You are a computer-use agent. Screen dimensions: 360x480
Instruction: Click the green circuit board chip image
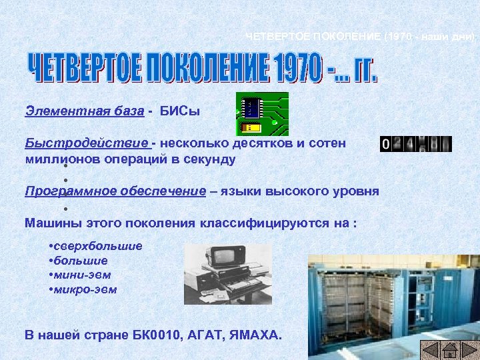tap(263, 114)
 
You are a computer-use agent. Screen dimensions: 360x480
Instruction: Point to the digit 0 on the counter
tap(386, 144)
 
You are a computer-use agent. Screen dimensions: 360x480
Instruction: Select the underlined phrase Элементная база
tap(84, 111)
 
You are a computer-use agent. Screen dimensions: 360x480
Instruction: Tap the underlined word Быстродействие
tap(87, 143)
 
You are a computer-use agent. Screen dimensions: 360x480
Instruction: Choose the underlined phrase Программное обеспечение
tap(115, 191)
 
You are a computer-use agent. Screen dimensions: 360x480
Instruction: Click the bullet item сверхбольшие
tap(97, 246)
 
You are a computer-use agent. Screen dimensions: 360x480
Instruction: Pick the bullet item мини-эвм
tap(82, 275)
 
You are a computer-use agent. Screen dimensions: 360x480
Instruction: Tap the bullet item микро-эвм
tap(85, 289)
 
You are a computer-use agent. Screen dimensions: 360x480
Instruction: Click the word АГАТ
tap(199, 333)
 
